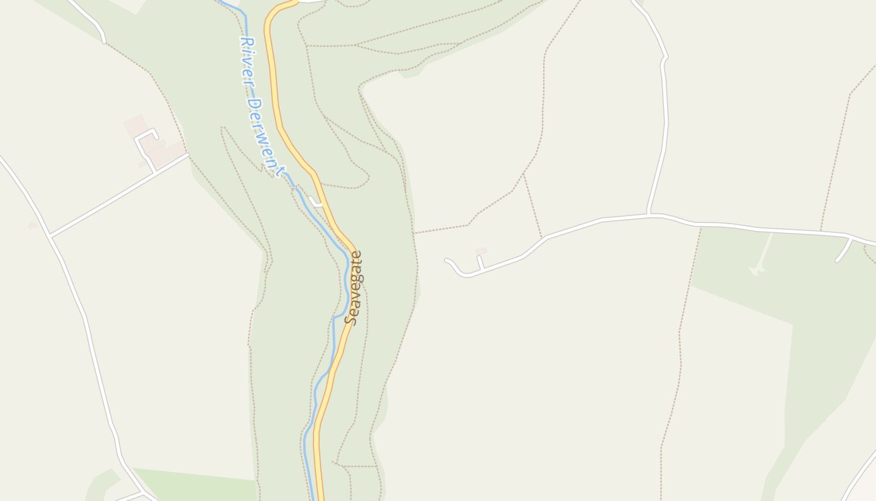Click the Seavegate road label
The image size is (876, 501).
(355, 288)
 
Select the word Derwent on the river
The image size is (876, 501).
(265, 135)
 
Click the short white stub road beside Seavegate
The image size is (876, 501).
(317, 203)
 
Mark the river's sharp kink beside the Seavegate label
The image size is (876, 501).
(335, 318)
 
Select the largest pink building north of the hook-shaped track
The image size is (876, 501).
(135, 125)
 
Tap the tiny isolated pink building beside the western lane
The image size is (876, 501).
(33, 225)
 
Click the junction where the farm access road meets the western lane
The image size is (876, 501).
(50, 236)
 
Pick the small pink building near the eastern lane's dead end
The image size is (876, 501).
(481, 251)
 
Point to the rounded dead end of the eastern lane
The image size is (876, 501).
(448, 261)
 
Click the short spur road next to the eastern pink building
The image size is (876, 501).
(480, 262)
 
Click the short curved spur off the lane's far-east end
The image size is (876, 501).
(843, 250)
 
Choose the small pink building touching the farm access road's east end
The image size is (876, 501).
(176, 149)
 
